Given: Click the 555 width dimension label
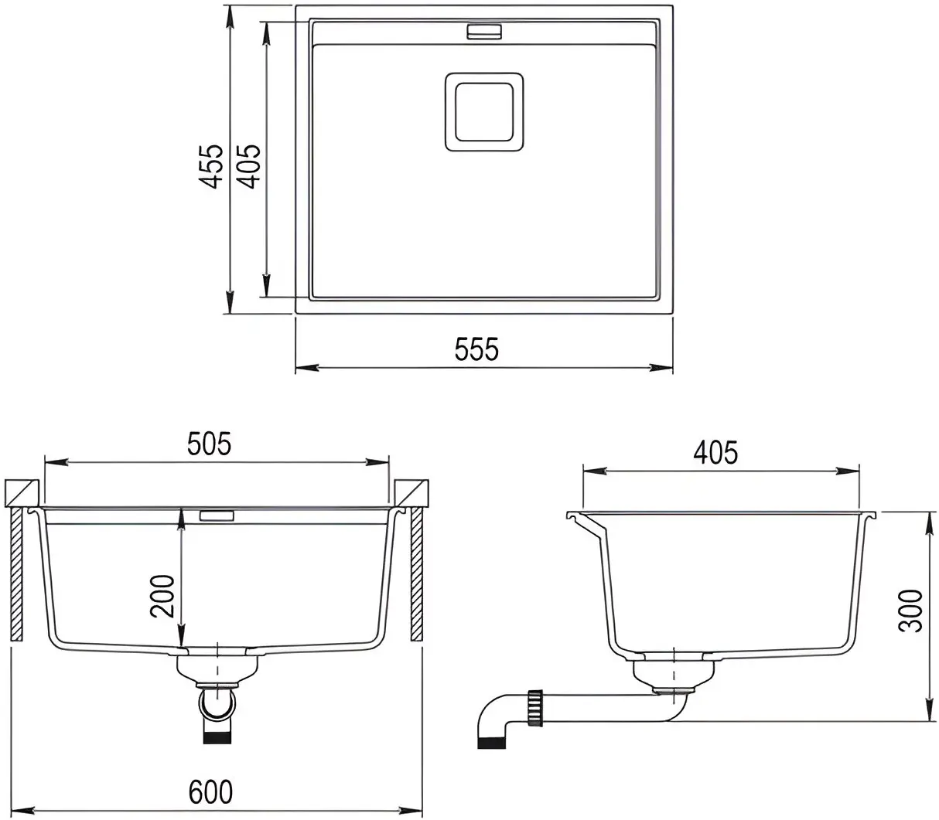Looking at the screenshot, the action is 476,349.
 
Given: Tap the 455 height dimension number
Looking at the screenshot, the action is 211,166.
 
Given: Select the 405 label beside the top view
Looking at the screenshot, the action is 249,166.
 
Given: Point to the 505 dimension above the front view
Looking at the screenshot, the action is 210,444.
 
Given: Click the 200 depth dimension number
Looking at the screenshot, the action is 163,596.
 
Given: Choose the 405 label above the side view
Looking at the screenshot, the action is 715,452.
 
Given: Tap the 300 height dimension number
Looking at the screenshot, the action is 910,611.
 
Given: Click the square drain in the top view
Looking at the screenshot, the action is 484,112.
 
